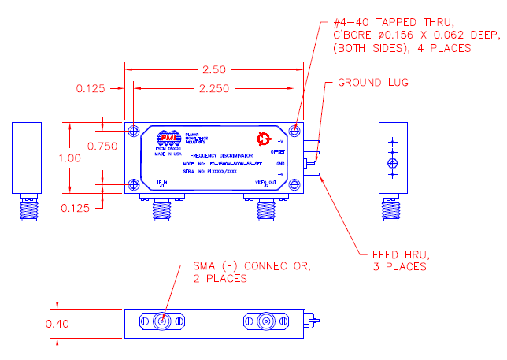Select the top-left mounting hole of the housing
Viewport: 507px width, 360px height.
[134, 130]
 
